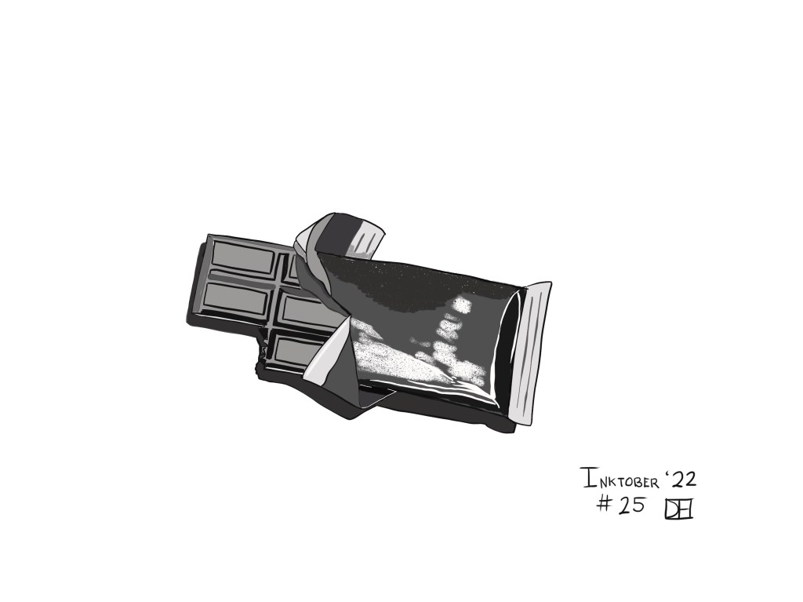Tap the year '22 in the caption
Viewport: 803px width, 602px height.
681,479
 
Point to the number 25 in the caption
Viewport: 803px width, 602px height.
631,505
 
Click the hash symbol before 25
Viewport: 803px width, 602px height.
605,505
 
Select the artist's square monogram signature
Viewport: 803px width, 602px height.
678,509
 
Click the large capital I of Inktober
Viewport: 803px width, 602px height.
589,478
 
